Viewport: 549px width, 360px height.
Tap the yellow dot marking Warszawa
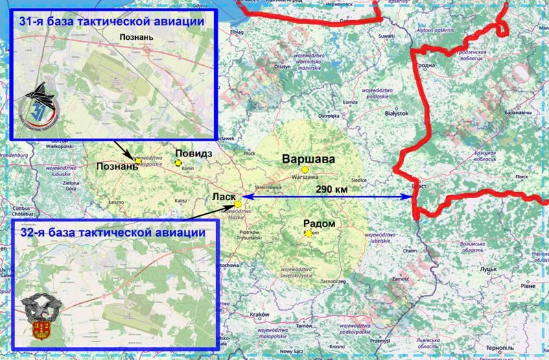click(315, 169)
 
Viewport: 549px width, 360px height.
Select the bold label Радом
click(319, 224)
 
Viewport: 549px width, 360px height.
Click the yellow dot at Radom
click(308, 234)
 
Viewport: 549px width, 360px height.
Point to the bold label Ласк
click(224, 198)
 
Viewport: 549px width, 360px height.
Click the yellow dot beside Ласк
click(237, 204)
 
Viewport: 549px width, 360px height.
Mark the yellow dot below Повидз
click(178, 163)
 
